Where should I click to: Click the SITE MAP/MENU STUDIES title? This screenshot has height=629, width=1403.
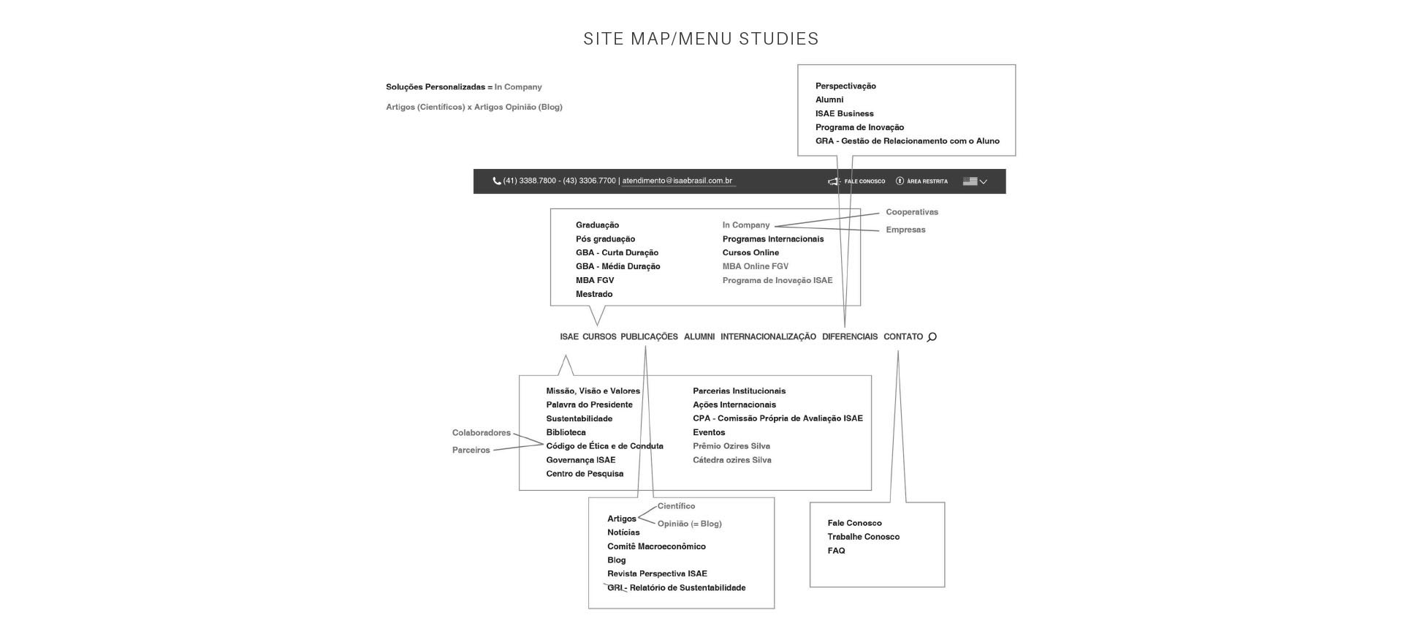(x=701, y=39)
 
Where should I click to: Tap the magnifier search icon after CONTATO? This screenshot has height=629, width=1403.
(x=932, y=337)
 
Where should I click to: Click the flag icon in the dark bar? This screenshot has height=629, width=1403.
(x=970, y=181)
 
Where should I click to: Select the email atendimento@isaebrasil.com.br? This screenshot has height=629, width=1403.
(x=677, y=181)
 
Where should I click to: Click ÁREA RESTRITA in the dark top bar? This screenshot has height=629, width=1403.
(x=927, y=181)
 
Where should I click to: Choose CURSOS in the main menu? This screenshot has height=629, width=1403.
(x=599, y=337)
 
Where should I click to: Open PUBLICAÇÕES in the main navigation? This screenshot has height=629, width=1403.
(x=649, y=337)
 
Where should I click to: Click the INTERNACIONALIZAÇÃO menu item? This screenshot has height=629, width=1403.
(x=768, y=337)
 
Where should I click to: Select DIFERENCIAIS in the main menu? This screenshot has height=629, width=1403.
(x=850, y=337)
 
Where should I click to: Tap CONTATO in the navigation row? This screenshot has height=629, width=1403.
(x=903, y=337)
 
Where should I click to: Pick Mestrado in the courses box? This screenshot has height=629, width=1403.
(x=594, y=294)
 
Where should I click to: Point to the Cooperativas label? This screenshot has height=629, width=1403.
(x=912, y=212)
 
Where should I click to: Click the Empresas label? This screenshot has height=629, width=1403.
(x=905, y=230)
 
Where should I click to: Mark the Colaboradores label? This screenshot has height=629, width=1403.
(x=481, y=433)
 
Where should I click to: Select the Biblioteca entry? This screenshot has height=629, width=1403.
(x=566, y=432)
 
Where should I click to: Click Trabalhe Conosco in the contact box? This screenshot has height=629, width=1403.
(x=863, y=537)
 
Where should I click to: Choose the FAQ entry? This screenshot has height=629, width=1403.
(x=836, y=551)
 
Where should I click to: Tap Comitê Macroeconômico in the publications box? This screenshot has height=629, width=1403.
(x=656, y=546)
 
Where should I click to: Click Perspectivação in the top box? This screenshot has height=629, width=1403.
(x=845, y=86)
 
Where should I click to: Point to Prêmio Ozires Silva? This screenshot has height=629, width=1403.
(x=731, y=446)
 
